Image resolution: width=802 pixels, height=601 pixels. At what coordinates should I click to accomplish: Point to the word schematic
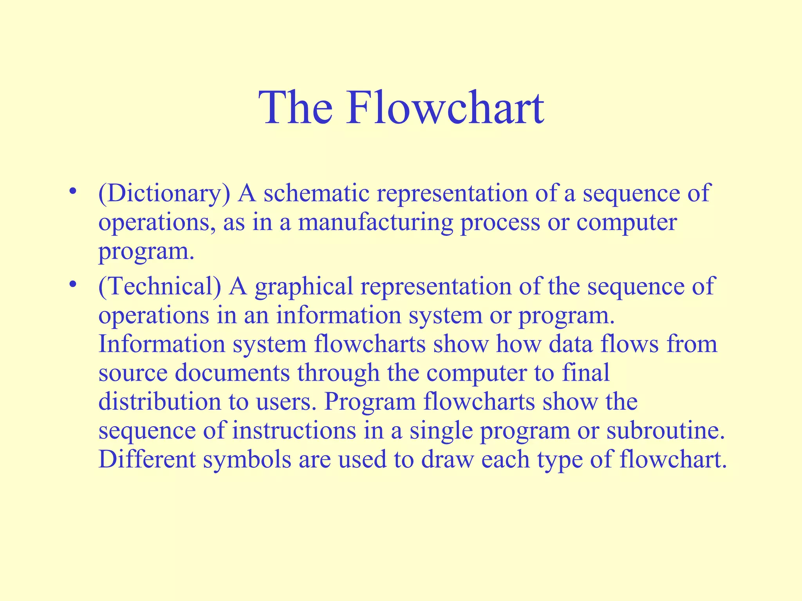(x=316, y=193)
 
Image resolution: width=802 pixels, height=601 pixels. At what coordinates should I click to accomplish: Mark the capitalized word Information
(x=161, y=344)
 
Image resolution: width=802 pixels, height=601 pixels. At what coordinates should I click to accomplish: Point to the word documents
(x=232, y=373)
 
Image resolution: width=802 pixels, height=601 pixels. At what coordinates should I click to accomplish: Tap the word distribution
(x=159, y=402)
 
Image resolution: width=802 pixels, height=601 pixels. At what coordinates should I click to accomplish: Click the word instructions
(x=294, y=431)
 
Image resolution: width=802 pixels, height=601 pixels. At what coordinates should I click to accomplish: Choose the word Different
(x=147, y=460)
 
